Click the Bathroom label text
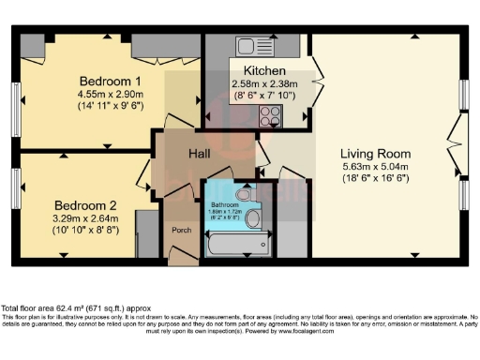[225, 204]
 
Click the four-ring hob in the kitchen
[271, 115]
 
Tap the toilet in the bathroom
[245, 195]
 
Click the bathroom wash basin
[253, 219]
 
